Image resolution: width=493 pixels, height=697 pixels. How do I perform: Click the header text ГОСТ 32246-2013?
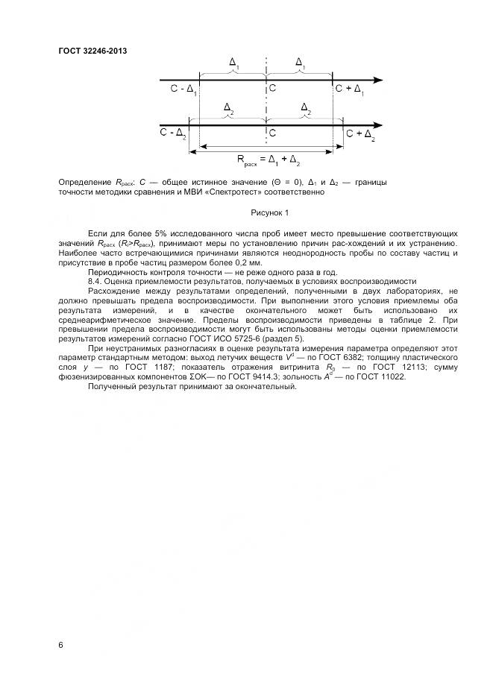tap(92, 51)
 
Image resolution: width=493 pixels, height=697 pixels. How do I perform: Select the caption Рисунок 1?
tap(269, 213)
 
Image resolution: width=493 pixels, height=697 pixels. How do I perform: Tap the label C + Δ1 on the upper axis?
tap(350, 90)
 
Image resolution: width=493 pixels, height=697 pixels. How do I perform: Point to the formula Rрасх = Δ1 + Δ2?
tap(269, 160)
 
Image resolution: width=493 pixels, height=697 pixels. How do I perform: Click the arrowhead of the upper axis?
tap(378, 80)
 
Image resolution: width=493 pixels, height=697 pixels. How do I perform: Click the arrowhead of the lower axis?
tap(378, 124)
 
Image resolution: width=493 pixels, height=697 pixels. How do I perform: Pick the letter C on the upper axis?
tap(273, 89)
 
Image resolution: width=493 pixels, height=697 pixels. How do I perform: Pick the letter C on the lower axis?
tap(273, 133)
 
